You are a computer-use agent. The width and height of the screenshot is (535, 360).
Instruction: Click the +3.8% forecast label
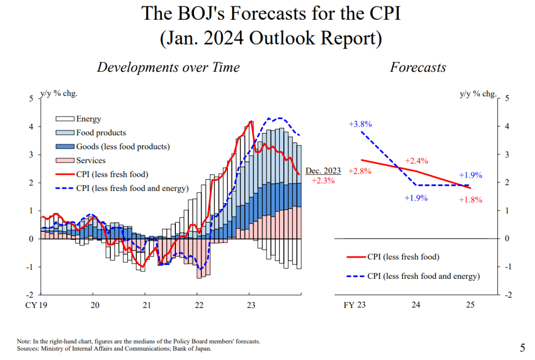[x=360, y=124]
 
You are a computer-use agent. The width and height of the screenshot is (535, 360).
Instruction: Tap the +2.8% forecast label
[x=360, y=171]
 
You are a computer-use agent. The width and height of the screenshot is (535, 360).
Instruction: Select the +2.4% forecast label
[x=416, y=161]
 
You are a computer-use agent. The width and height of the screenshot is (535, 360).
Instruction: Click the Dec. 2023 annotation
[x=323, y=171]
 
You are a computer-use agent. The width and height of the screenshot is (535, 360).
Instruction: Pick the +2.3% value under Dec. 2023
[x=323, y=181]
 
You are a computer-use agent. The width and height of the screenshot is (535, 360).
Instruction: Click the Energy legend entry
[x=88, y=119]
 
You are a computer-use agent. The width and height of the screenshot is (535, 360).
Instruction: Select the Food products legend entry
[x=101, y=133]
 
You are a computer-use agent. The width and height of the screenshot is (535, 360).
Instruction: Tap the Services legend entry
[x=91, y=160]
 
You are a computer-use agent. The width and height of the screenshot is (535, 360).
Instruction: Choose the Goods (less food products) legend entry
[x=122, y=147]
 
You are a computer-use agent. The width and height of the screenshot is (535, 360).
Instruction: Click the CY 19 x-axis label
[x=38, y=305]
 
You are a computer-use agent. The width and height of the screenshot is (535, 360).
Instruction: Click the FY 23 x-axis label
[x=355, y=305]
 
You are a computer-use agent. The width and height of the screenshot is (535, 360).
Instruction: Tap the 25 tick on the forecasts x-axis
[x=470, y=305]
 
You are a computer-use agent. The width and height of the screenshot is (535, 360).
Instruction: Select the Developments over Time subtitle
[x=168, y=67]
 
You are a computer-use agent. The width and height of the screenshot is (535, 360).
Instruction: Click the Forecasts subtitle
[x=418, y=67]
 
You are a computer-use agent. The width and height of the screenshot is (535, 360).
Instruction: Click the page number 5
[x=522, y=347]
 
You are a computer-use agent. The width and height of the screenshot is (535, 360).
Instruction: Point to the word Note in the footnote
[x=23, y=342]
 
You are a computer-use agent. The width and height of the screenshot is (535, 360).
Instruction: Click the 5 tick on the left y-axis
[x=31, y=99]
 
